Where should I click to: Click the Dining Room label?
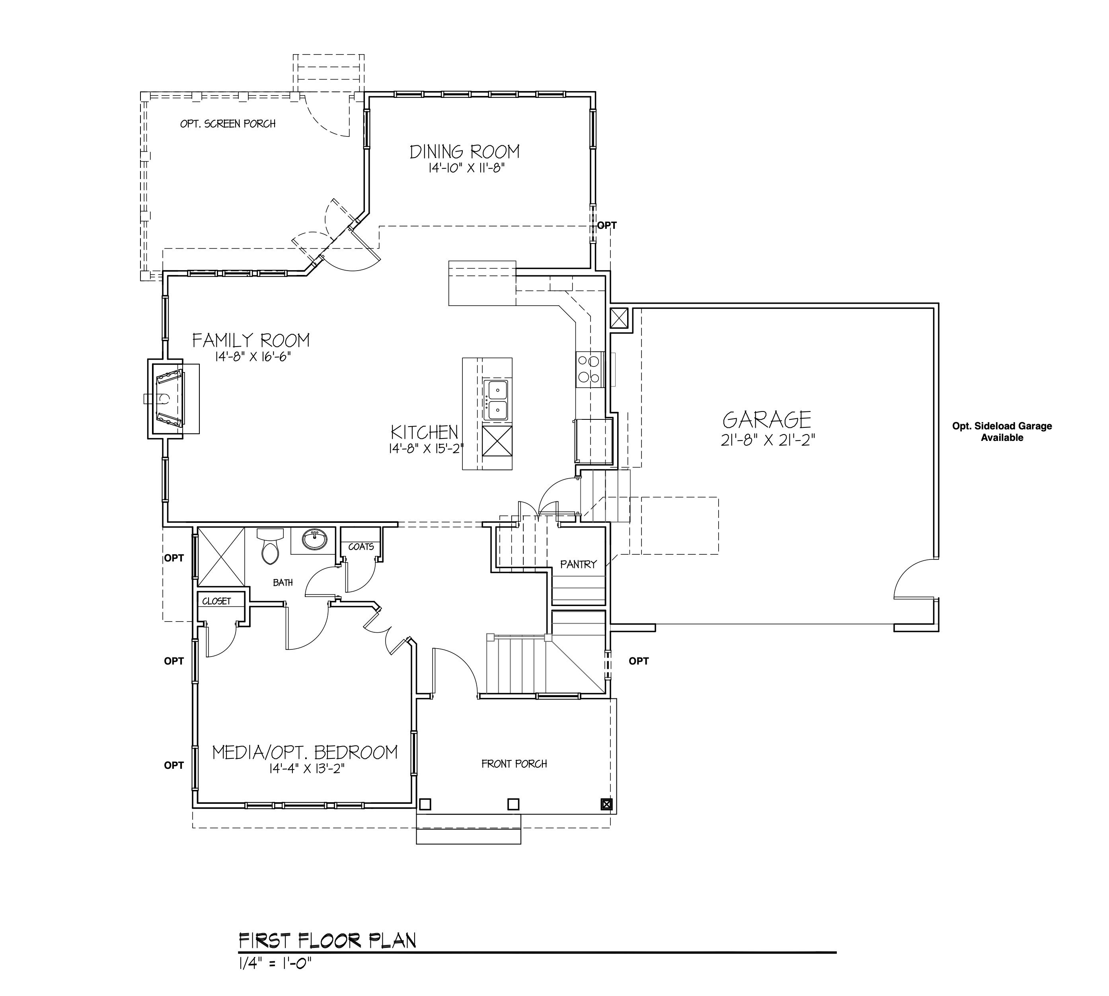tap(464, 152)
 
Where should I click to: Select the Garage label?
tap(766, 420)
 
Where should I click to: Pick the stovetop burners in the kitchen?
tap(589, 369)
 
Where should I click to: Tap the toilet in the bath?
tap(270, 545)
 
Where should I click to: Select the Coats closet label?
tap(361, 547)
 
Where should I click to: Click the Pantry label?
tap(578, 564)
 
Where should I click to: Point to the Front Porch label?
tap(514, 764)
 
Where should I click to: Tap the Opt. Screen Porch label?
tap(228, 124)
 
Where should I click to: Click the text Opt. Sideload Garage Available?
tap(1002, 432)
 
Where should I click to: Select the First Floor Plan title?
tap(327, 940)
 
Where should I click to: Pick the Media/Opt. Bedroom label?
tap(305, 752)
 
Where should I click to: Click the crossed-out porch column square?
tap(606, 805)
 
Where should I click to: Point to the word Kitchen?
tap(425, 432)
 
